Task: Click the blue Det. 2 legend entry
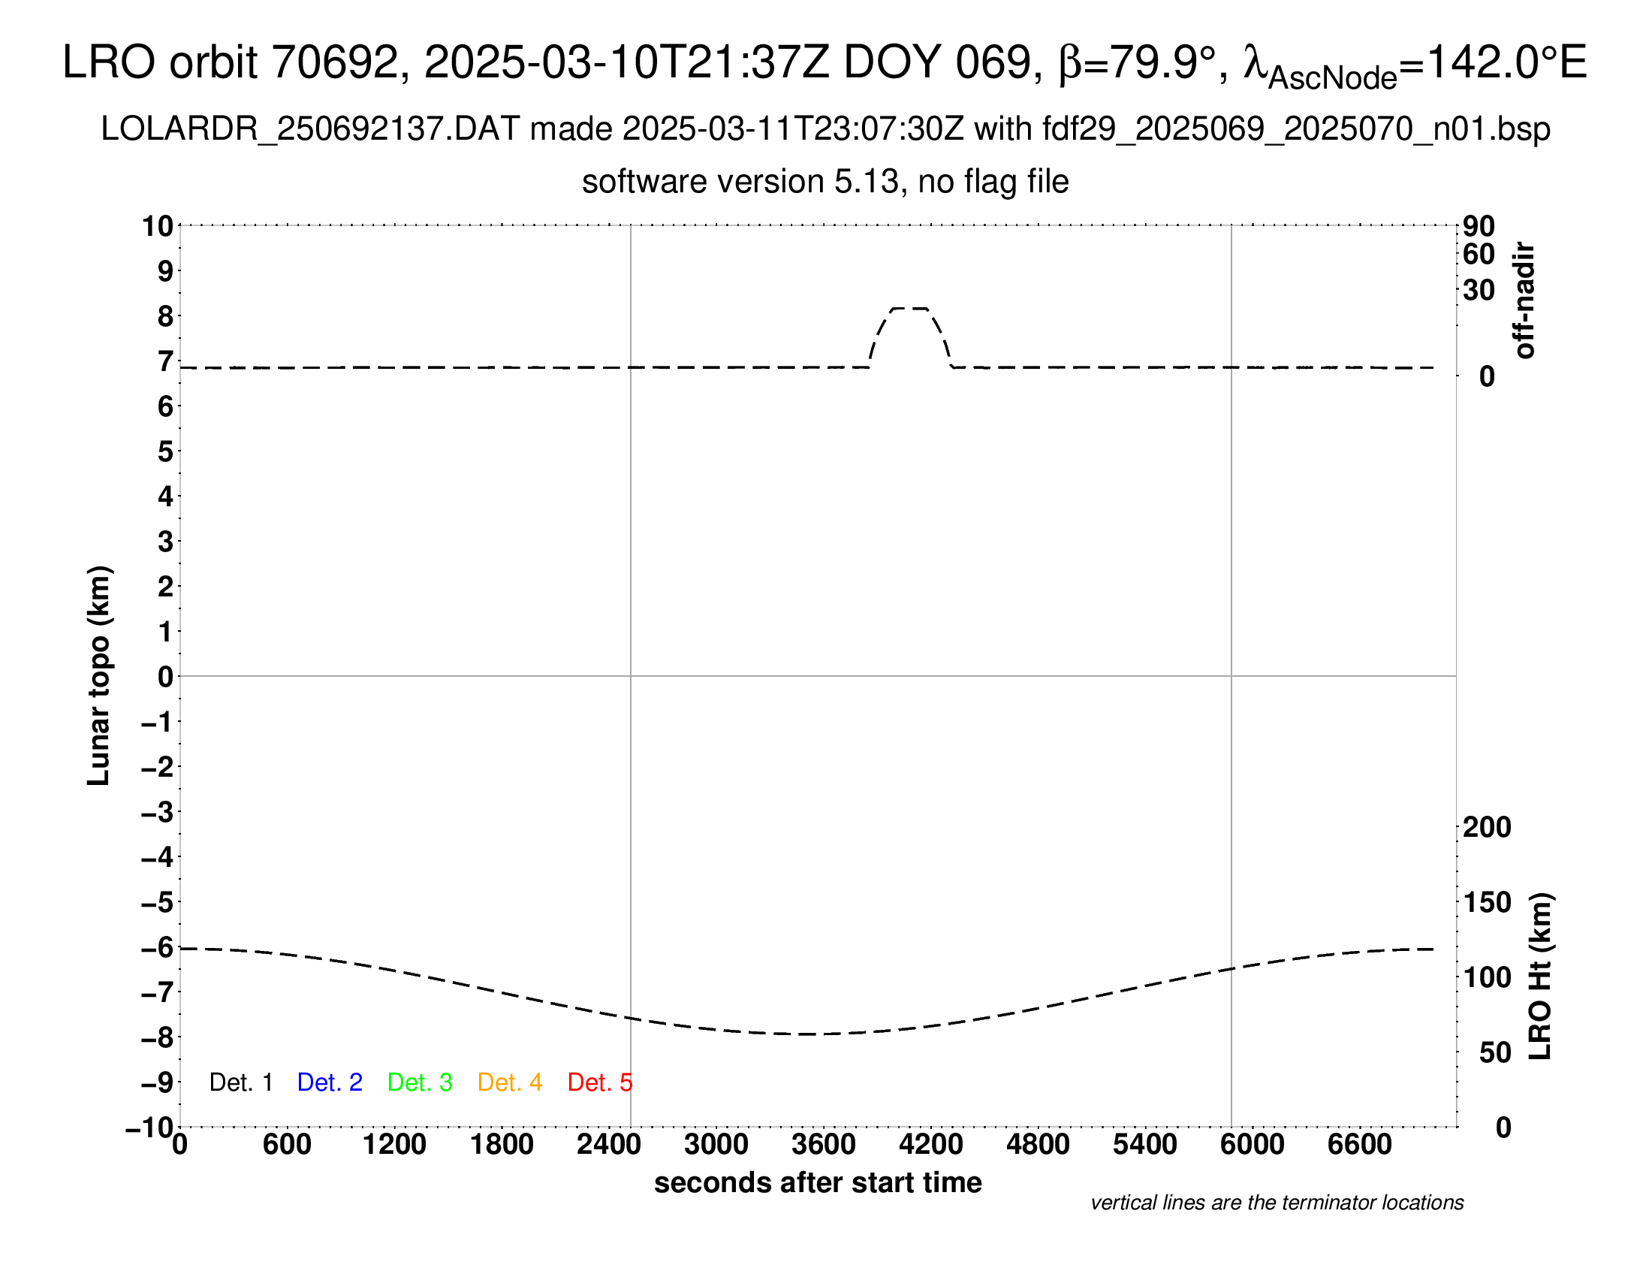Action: point(330,1082)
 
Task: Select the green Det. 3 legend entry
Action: point(420,1082)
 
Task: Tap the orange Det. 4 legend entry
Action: point(510,1082)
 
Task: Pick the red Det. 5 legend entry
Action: point(599,1082)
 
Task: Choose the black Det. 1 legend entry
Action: point(240,1082)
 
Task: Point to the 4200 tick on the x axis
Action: point(931,1144)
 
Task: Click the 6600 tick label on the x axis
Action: point(1359,1144)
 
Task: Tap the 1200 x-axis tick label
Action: point(394,1144)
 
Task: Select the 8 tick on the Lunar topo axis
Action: point(165,316)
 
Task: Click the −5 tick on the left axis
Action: point(158,902)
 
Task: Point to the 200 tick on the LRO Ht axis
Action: point(1487,827)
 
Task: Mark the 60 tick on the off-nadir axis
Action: point(1479,254)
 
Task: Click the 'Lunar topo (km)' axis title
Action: point(99,675)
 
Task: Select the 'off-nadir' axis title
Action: point(1524,300)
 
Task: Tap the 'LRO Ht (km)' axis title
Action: point(1540,977)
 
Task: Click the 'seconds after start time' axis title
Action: point(818,1182)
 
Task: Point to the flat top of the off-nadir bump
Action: point(909,309)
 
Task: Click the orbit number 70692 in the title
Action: point(334,62)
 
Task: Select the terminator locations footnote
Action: point(1277,1203)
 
